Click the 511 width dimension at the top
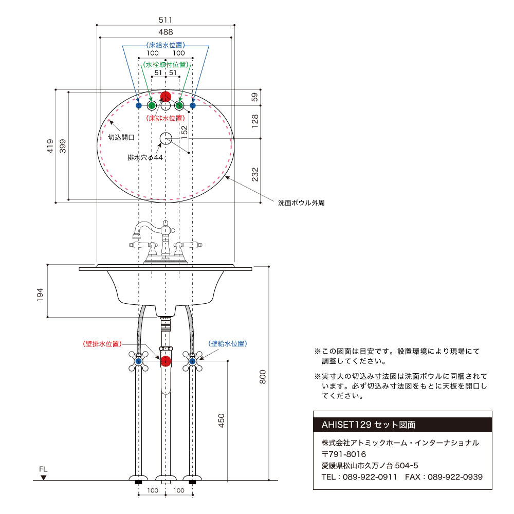pos(165,20)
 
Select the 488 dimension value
pos(166,32)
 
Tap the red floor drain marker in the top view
pos(166,97)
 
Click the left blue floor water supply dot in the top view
pos(139,105)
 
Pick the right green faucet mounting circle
pos(179,105)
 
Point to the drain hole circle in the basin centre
pos(166,139)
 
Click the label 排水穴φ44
pos(145,158)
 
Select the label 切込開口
pos(121,137)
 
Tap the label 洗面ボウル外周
pos(301,203)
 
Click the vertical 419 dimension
pos(50,146)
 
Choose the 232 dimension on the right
pos(255,174)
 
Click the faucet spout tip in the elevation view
pos(136,235)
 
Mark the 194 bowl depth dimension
pos(40,295)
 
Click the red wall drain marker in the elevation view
pos(166,361)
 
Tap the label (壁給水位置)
pos(228,343)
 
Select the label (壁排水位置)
pos(102,344)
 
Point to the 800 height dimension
pos(263,377)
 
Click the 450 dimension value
pos(221,420)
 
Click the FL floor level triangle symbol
pos(43,478)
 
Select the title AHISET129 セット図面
pos(369,425)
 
